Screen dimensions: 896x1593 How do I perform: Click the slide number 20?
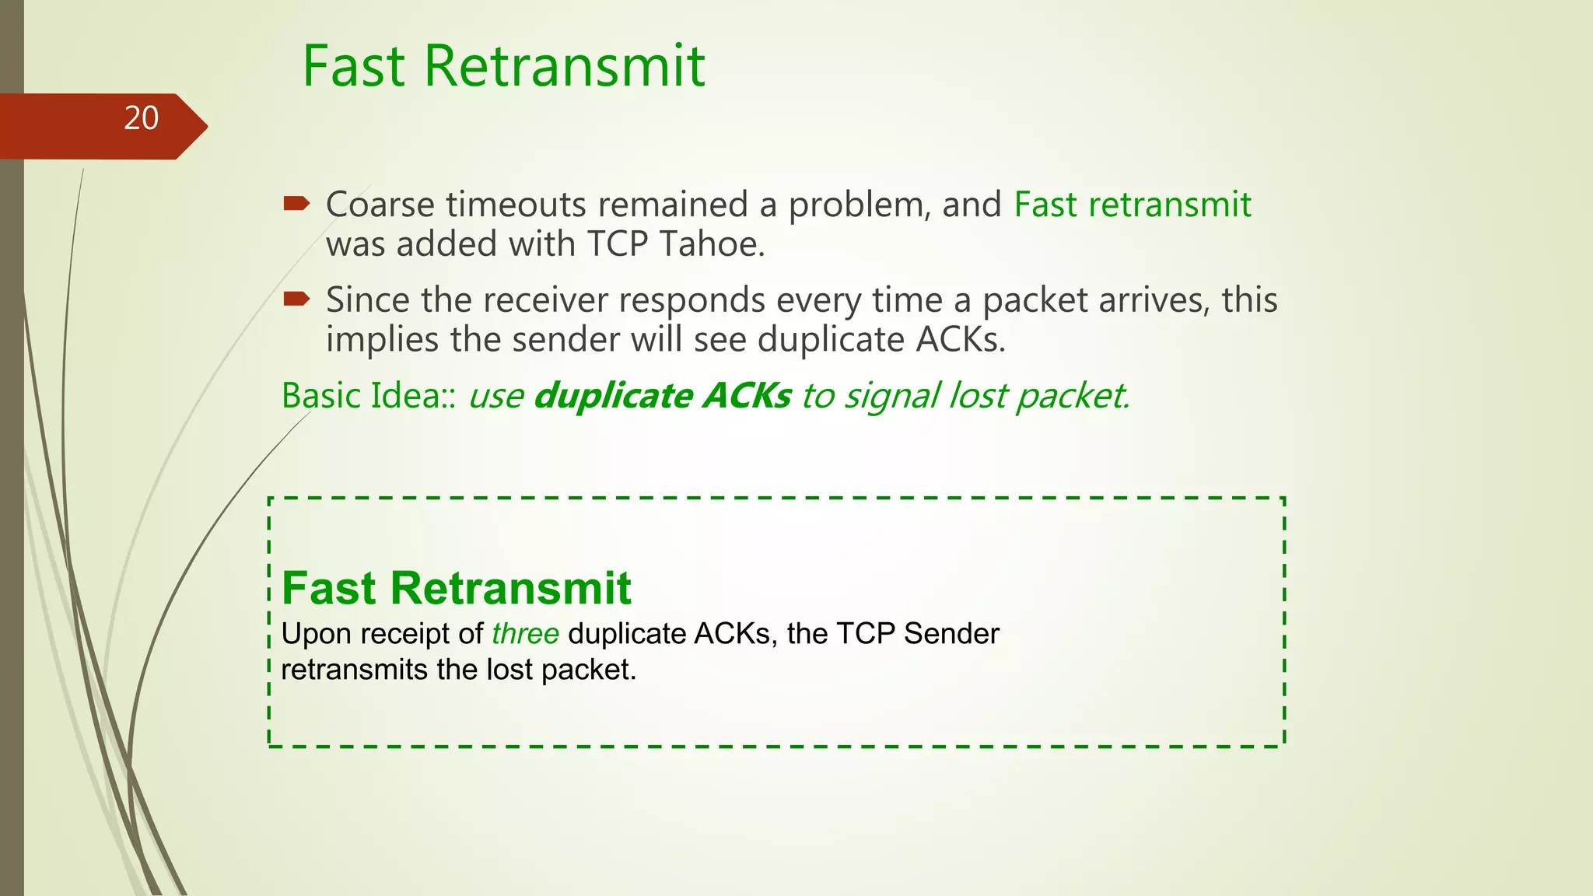pos(141,118)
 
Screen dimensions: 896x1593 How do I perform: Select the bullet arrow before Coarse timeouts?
pos(296,205)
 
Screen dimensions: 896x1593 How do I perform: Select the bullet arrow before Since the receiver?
pos(296,299)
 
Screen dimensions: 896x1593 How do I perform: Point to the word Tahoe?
pos(711,244)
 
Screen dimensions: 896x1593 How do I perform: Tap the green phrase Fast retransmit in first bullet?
pos(1133,205)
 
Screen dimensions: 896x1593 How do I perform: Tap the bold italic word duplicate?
pos(613,396)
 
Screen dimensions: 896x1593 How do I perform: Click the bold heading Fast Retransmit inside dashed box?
pos(456,588)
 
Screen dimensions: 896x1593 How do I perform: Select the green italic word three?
pos(525,634)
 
